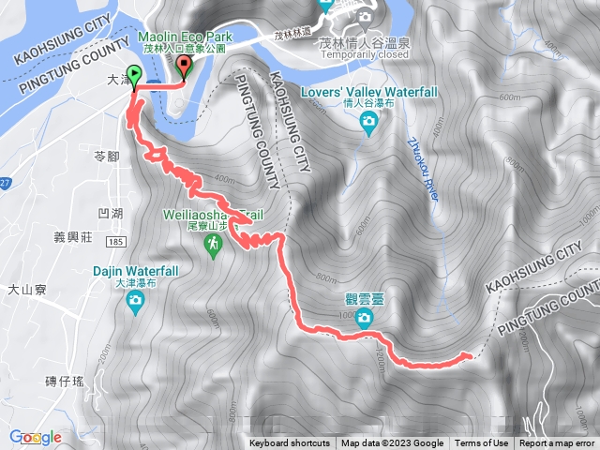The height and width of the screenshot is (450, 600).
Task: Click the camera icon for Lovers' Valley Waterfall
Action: (369, 122)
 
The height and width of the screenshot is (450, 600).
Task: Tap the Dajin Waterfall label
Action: (135, 271)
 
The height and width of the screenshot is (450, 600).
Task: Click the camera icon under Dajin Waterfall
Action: (136, 301)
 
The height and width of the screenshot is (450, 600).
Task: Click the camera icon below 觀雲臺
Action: (364, 319)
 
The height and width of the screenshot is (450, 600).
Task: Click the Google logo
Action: (36, 437)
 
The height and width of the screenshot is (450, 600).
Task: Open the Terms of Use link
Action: (482, 443)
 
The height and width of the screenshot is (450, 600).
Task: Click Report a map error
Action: (557, 443)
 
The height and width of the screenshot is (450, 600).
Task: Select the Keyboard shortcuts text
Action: (290, 443)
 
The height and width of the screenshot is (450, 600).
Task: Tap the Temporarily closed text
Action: (365, 54)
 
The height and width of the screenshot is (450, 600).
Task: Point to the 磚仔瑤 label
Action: (65, 380)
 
